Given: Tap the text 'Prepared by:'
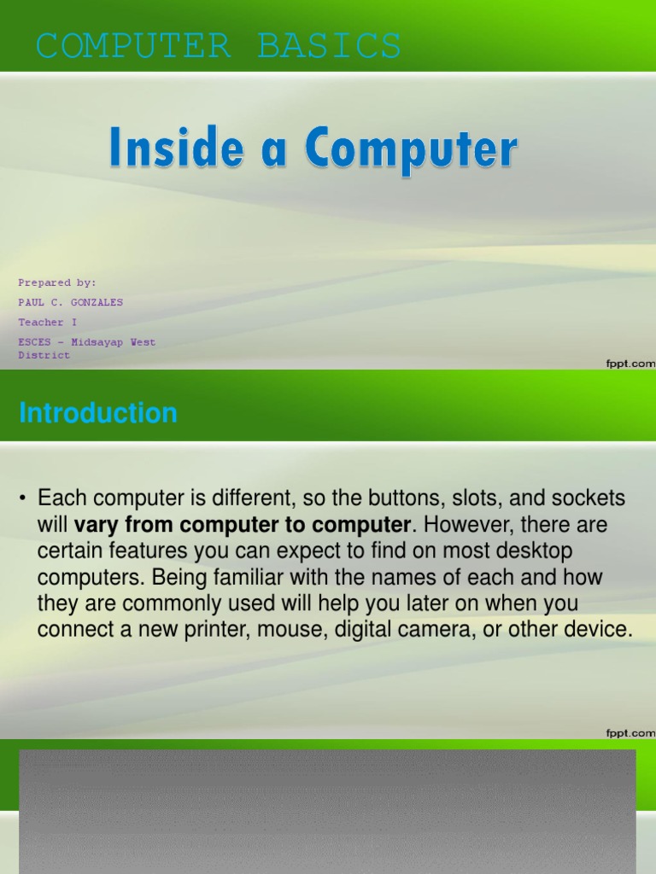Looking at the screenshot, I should coord(57,283).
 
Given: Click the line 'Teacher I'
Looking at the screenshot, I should coord(47,323).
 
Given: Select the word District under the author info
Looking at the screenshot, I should coord(44,355).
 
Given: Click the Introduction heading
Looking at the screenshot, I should coord(98,414).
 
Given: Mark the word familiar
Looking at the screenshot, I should coord(205,577).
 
